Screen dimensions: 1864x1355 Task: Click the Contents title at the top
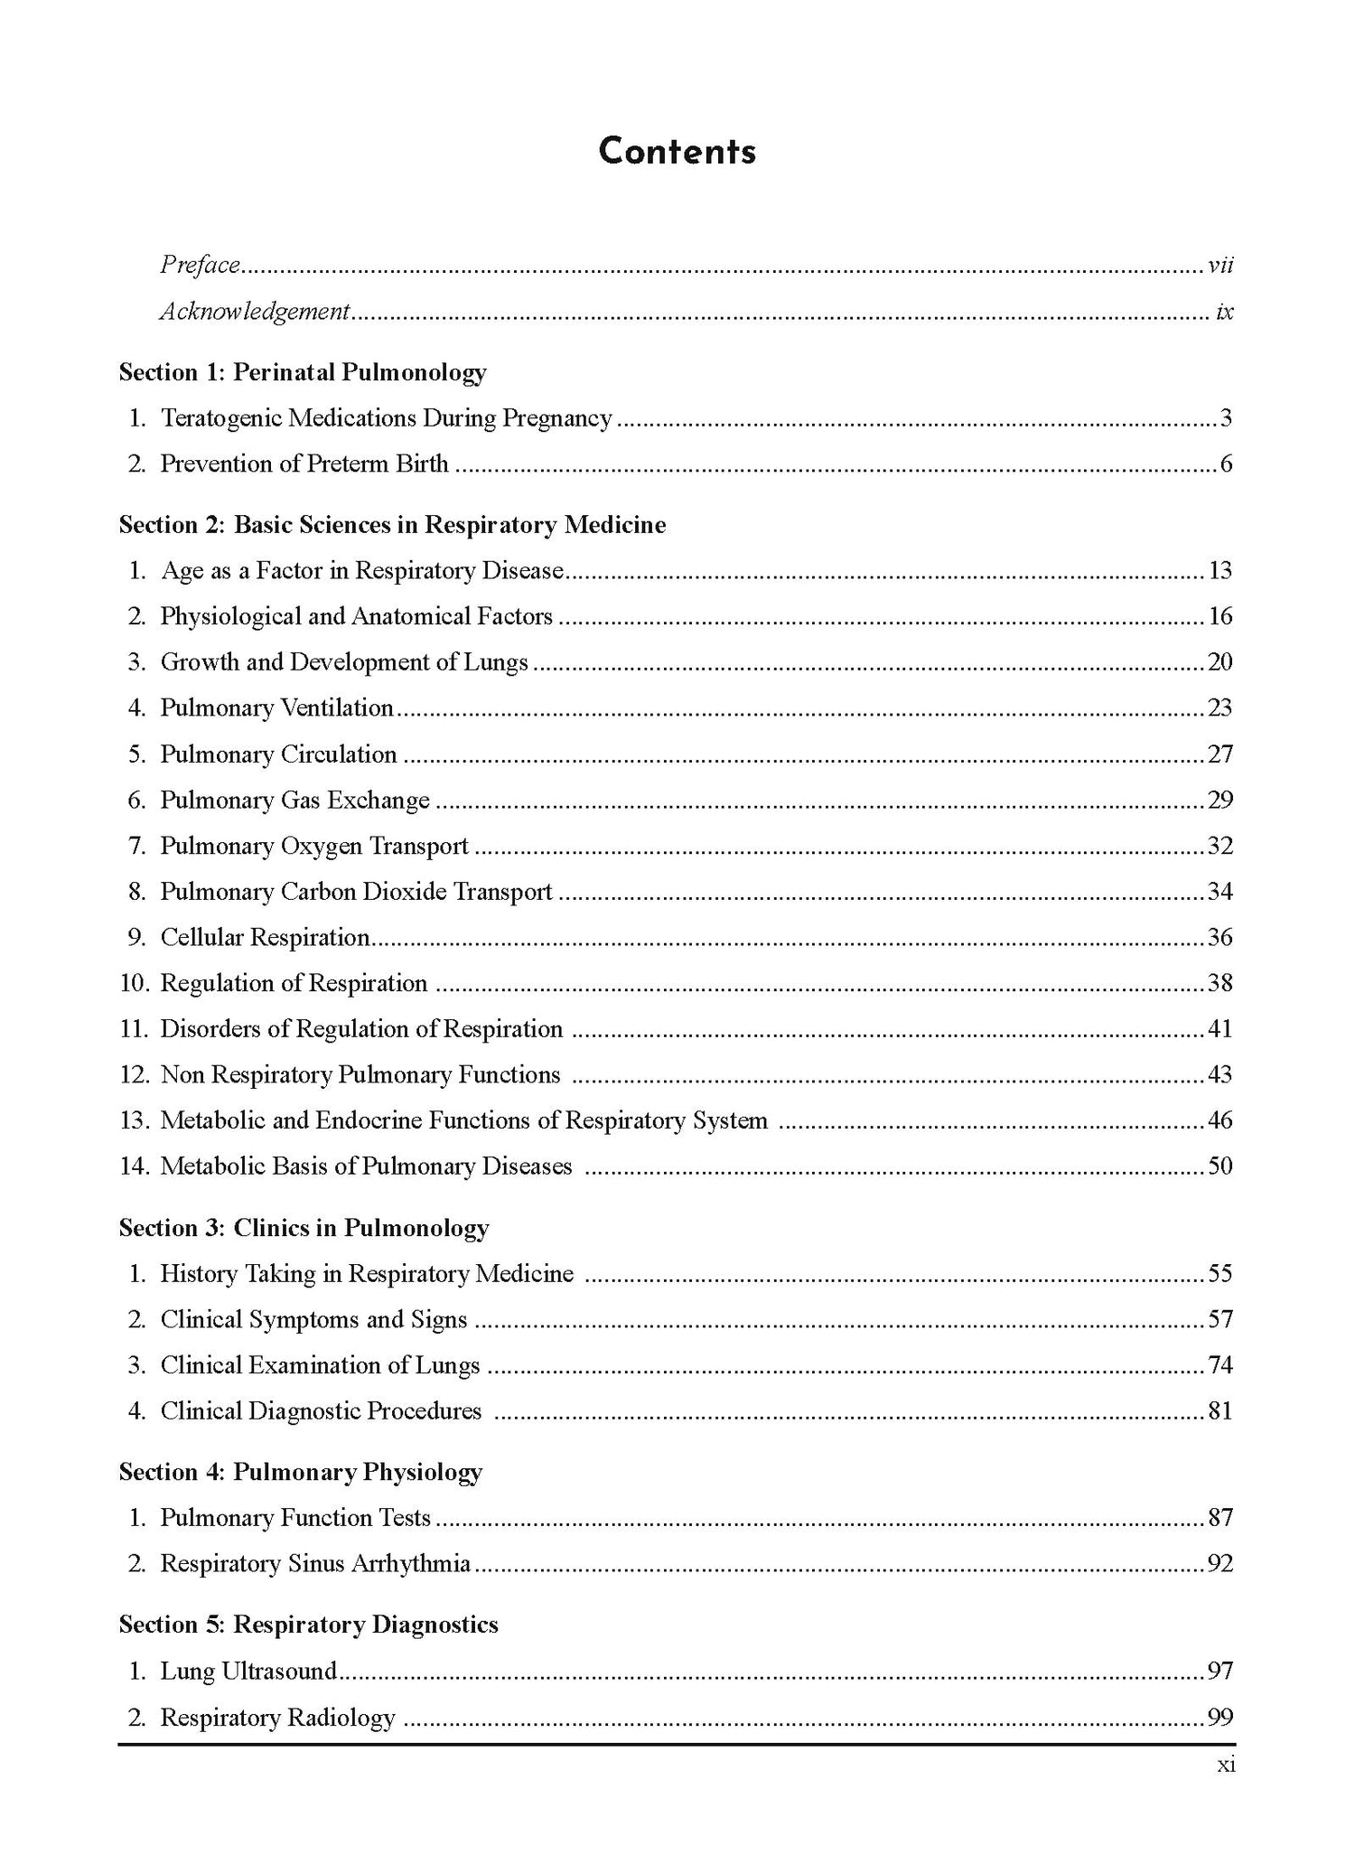pyautogui.click(x=677, y=151)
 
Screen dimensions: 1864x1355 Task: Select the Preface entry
pyautogui.click(x=200, y=265)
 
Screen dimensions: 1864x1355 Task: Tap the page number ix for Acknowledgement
pyautogui.click(x=1224, y=312)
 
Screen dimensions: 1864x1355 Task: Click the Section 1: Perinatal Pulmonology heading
pyautogui.click(x=303, y=372)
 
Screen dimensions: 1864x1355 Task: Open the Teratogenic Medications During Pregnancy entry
pyautogui.click(x=386, y=418)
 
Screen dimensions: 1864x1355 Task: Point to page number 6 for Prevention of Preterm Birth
pyautogui.click(x=1226, y=464)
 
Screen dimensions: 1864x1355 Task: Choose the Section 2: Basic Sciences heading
pyautogui.click(x=392, y=525)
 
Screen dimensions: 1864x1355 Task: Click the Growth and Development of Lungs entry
pyautogui.click(x=343, y=662)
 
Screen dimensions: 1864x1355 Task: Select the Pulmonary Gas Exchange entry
pyautogui.click(x=294, y=801)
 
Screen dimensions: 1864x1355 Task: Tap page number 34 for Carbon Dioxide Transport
pyautogui.click(x=1220, y=892)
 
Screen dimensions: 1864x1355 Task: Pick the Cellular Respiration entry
pyautogui.click(x=265, y=938)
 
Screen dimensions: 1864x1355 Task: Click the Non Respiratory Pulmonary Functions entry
pyautogui.click(x=360, y=1075)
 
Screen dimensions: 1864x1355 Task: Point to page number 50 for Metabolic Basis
pyautogui.click(x=1220, y=1166)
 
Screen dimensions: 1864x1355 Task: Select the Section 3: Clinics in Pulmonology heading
pyautogui.click(x=304, y=1228)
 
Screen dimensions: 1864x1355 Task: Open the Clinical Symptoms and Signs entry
pyautogui.click(x=313, y=1320)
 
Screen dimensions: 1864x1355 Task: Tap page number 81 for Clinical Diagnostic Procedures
pyautogui.click(x=1220, y=1411)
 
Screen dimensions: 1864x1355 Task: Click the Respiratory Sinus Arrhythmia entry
pyautogui.click(x=314, y=1564)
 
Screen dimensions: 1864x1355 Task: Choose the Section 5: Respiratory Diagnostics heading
pyautogui.click(x=308, y=1625)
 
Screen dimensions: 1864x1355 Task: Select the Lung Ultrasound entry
pyautogui.click(x=248, y=1672)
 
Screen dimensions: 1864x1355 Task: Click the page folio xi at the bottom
pyautogui.click(x=1226, y=1765)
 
